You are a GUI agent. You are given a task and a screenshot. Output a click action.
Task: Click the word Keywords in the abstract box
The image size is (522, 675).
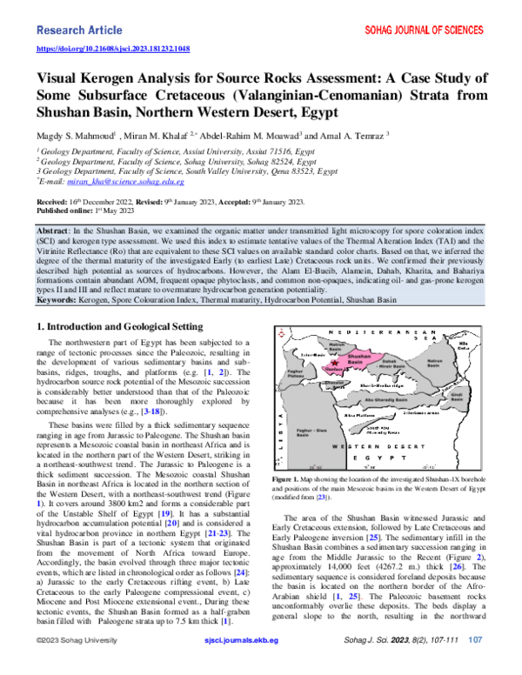point(60,274)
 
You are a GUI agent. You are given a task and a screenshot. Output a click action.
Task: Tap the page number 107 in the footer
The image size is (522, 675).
point(475,662)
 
